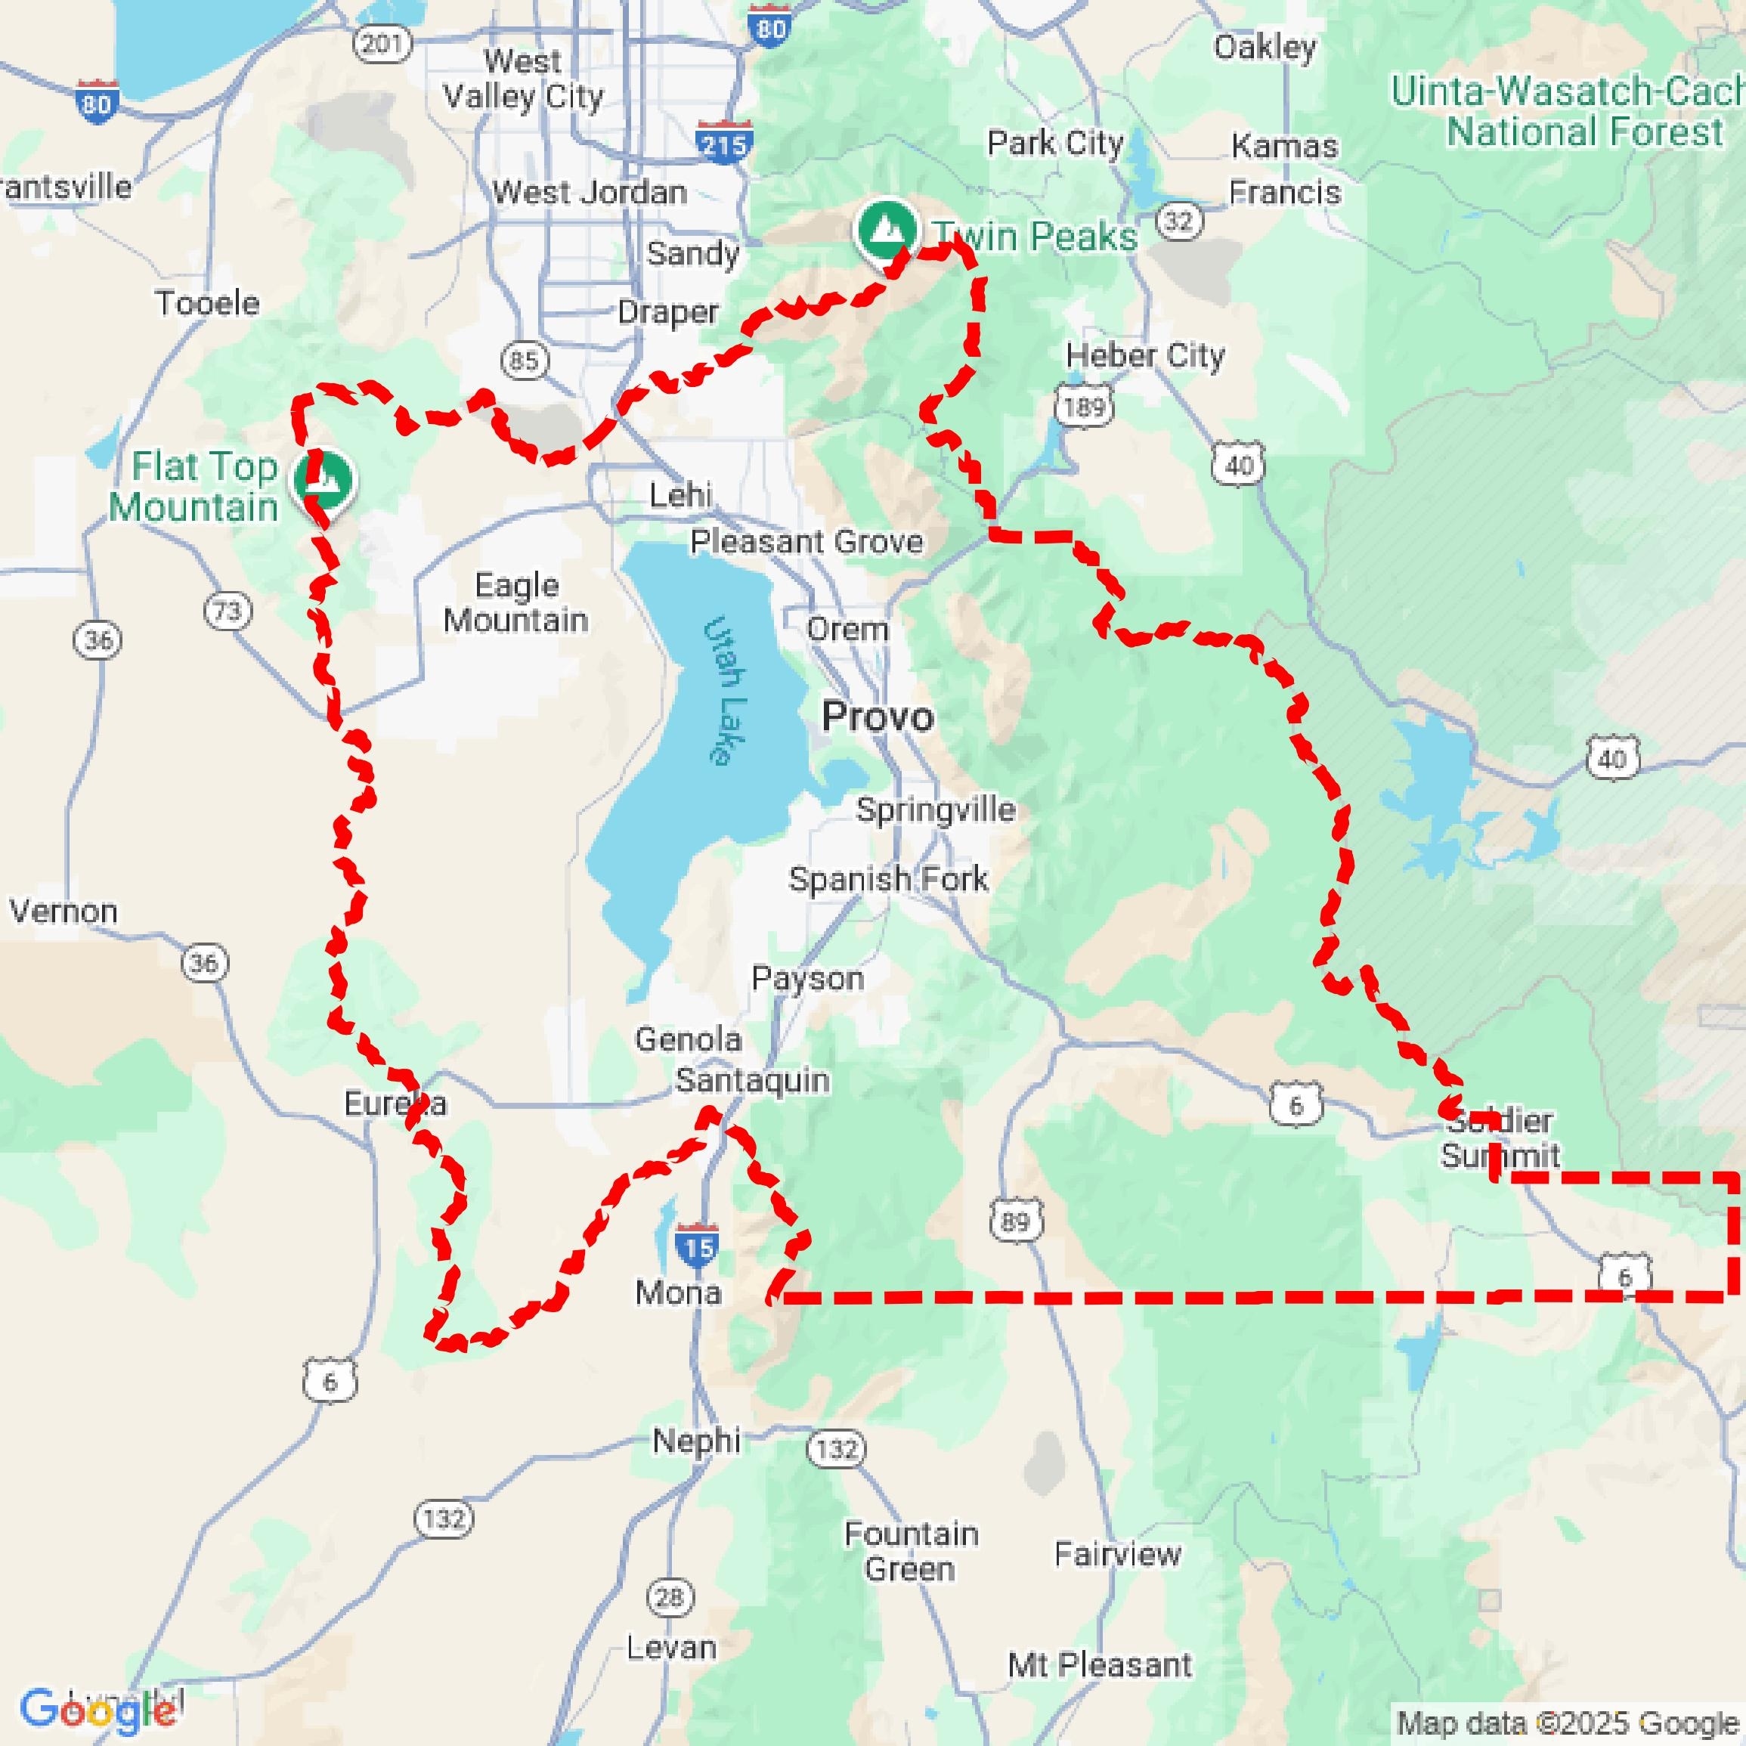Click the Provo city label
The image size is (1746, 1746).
[x=877, y=717]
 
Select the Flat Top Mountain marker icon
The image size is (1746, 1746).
[x=324, y=477]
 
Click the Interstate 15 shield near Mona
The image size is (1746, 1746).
[x=697, y=1248]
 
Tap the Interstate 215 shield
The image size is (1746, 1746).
[x=725, y=144]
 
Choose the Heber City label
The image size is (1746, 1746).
[x=1144, y=355]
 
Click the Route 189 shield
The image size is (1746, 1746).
[x=1084, y=407]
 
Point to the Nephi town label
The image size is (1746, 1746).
[x=696, y=1441]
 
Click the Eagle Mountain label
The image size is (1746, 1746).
[x=516, y=603]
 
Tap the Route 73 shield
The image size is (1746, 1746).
[x=227, y=611]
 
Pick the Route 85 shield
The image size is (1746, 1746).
[x=524, y=361]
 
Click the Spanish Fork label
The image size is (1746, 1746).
[x=888, y=878]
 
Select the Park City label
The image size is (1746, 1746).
[x=1054, y=143]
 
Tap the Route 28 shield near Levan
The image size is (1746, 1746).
[x=670, y=1597]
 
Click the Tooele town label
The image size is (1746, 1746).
[x=207, y=303]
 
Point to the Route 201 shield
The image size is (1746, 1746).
[x=382, y=42]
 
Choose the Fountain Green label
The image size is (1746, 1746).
[x=910, y=1551]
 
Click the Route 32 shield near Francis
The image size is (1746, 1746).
[x=1178, y=221]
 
